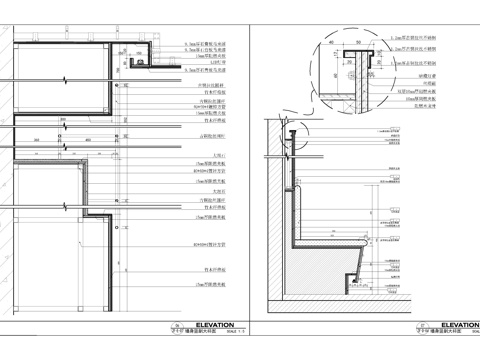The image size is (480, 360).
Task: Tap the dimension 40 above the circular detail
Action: click(331, 43)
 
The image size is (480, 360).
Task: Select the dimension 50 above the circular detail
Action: click(358, 43)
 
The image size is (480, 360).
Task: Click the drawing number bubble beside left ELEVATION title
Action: click(175, 327)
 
